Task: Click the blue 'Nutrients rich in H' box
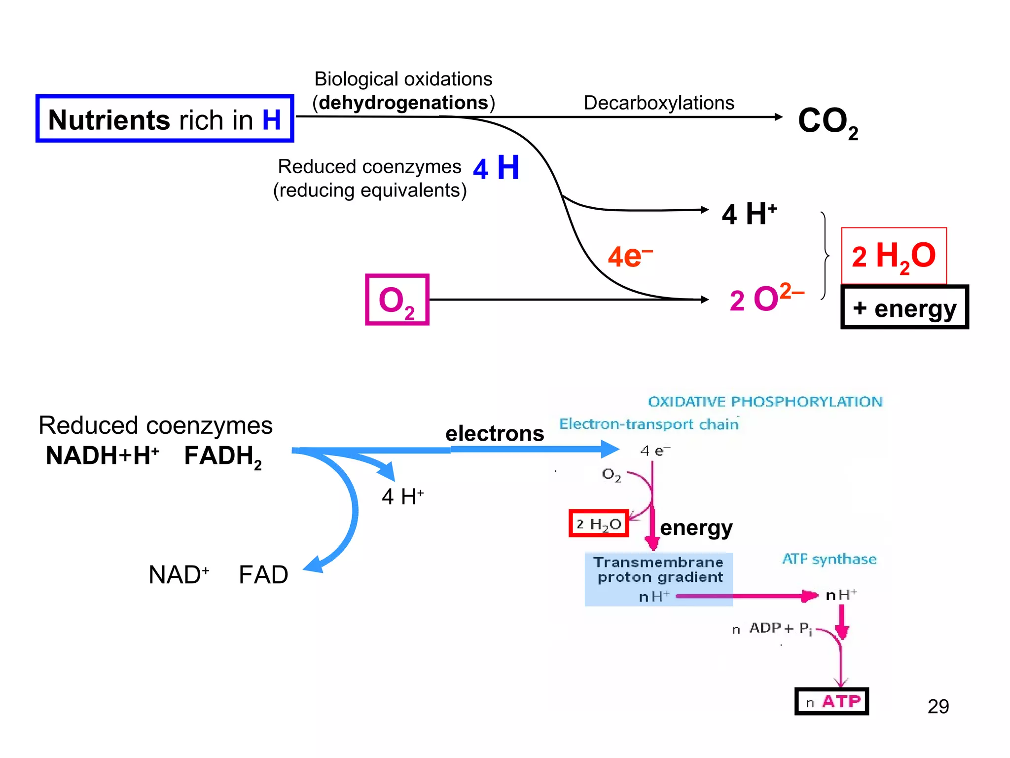[165, 119]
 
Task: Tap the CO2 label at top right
[828, 122]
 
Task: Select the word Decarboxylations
[658, 103]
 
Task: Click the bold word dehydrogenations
[403, 103]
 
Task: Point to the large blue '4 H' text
[496, 168]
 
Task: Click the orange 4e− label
[629, 257]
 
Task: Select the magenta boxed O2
[397, 300]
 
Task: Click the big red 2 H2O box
[894, 256]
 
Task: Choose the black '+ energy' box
[904, 307]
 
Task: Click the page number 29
[938, 706]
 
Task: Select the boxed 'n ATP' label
[831, 701]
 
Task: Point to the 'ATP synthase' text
[829, 559]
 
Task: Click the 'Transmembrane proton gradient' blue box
[658, 578]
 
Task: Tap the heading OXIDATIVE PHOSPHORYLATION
[765, 402]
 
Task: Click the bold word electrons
[495, 434]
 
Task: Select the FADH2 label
[222, 456]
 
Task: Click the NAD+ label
[179, 575]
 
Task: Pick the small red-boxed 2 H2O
[599, 524]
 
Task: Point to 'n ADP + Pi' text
[773, 629]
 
